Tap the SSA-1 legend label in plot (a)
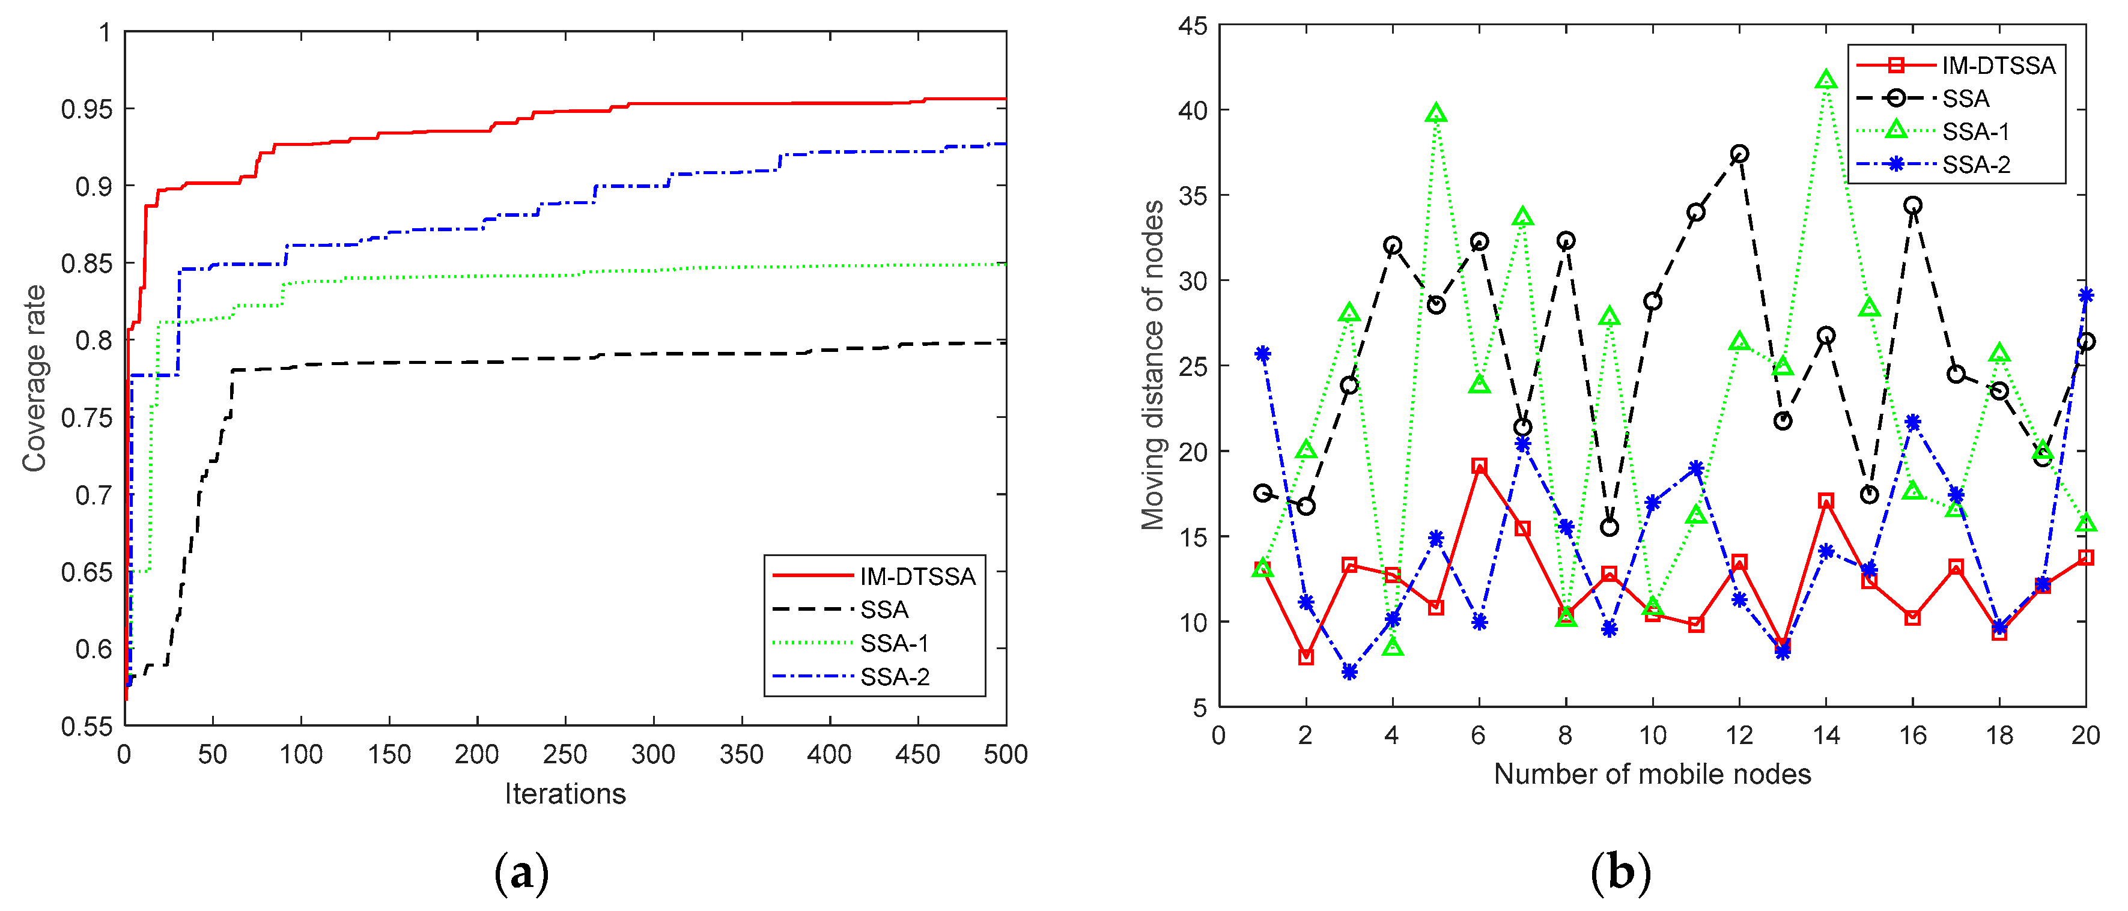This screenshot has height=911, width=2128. [895, 643]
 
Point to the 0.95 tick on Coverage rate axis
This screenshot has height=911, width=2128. [86, 109]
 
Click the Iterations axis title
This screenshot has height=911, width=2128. [565, 794]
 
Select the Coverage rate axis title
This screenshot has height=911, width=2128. [34, 378]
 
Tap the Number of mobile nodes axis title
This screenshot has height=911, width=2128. [1652, 774]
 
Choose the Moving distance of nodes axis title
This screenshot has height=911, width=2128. [1152, 365]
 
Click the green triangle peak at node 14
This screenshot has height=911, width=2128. [1826, 80]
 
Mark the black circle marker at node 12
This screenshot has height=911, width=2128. [1740, 154]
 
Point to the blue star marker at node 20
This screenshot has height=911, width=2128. [2085, 295]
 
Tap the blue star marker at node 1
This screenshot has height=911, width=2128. [1262, 354]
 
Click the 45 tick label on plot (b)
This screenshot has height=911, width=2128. [1192, 26]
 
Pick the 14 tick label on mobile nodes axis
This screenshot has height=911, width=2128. [1826, 734]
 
